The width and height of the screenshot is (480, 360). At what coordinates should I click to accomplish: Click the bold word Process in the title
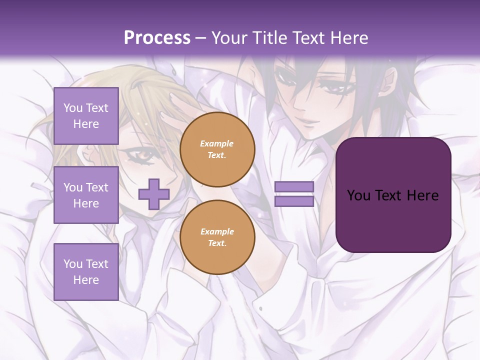(x=157, y=38)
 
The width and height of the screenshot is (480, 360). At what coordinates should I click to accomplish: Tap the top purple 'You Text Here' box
(x=86, y=116)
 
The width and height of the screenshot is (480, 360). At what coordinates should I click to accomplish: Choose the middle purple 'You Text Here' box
(x=86, y=195)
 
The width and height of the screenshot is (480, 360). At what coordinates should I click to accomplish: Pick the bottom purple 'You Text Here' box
(x=86, y=271)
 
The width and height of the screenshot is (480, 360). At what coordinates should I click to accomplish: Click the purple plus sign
(x=153, y=194)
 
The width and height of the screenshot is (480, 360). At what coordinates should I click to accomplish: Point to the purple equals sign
(x=294, y=194)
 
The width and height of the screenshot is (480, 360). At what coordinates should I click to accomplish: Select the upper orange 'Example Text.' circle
(x=217, y=149)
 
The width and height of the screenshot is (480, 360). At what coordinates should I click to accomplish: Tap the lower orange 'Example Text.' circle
(x=217, y=237)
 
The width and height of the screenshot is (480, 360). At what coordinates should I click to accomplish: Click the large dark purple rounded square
(x=393, y=195)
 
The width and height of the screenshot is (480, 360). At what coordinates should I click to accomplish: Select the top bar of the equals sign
(x=294, y=187)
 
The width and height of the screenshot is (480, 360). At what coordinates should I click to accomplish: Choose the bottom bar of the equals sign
(x=294, y=201)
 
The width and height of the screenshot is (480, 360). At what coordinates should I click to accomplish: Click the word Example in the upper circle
(x=217, y=143)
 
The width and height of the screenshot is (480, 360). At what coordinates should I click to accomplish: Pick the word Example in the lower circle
(x=217, y=231)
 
